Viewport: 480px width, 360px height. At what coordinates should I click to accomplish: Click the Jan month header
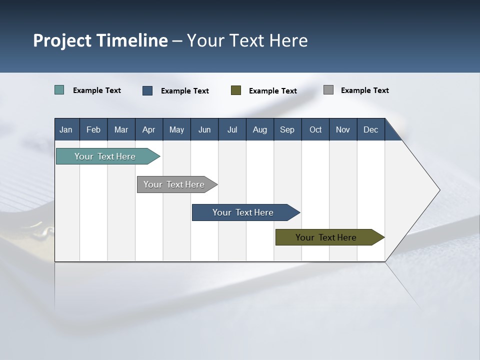click(x=66, y=129)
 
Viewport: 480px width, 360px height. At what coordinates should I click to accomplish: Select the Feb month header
click(x=93, y=129)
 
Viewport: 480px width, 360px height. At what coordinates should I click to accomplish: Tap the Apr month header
click(x=149, y=129)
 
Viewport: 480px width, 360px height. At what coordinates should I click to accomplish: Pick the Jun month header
click(x=204, y=129)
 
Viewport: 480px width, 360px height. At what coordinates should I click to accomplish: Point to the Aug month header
click(x=260, y=129)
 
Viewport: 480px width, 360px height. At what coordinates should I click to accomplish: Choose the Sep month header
click(x=287, y=129)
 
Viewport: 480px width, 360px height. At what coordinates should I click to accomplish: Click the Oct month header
click(x=315, y=129)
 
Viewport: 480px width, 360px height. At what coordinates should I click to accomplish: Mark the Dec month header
click(x=371, y=129)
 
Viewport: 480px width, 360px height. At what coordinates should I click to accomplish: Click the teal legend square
click(x=59, y=90)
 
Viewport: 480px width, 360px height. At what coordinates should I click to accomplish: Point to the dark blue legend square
click(x=147, y=90)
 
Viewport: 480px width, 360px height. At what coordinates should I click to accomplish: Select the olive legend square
click(x=236, y=90)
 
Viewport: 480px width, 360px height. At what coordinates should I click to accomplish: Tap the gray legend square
click(x=328, y=90)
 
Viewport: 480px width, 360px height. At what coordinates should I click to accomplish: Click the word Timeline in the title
click(x=132, y=40)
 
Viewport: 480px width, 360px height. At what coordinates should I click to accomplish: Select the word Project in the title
click(x=62, y=40)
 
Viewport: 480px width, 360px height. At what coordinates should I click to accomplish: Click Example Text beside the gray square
click(x=364, y=90)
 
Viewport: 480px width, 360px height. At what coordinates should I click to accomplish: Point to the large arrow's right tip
click(x=438, y=190)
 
